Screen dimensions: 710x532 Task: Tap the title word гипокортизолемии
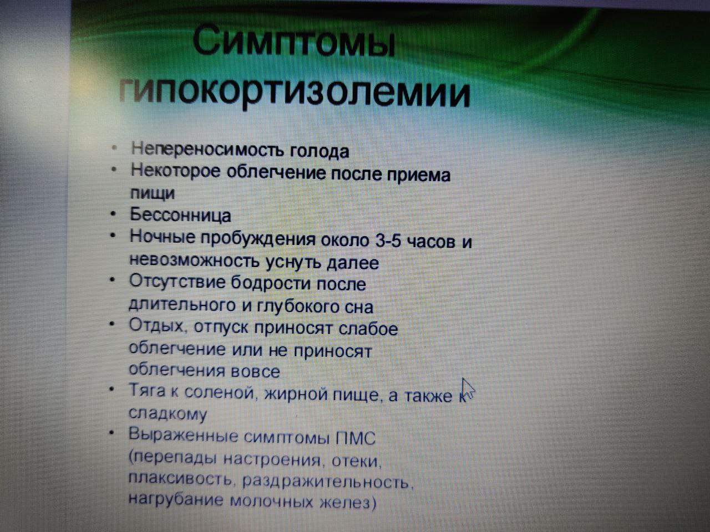click(295, 93)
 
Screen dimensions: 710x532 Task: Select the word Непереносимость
click(207, 150)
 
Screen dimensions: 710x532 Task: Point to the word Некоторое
click(176, 171)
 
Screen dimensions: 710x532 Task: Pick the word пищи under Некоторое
click(153, 194)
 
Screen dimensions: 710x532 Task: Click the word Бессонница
click(180, 214)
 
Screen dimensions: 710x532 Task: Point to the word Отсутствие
click(177, 282)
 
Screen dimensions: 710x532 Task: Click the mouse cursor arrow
click(468, 388)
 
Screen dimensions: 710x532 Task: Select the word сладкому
click(168, 413)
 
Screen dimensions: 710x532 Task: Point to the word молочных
click(272, 502)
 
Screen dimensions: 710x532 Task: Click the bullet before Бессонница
click(113, 214)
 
